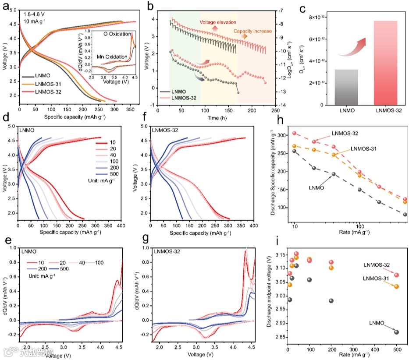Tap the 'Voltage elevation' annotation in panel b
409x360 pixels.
pos(218,22)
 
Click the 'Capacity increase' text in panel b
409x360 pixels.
pos(253,31)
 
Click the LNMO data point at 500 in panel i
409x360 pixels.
pos(397,332)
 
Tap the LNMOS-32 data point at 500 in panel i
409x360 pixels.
pos(397,275)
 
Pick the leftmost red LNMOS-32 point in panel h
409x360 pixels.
pos(295,133)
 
